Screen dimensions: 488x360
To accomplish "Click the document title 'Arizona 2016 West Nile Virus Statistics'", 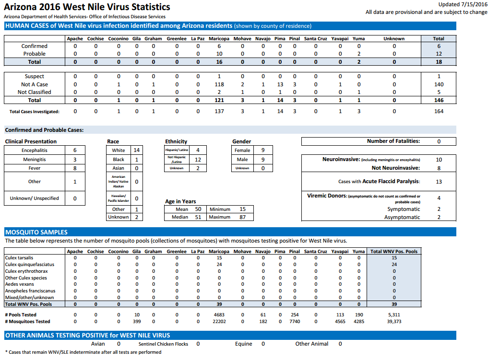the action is pos(87,7).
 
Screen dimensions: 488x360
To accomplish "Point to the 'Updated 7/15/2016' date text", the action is pos(463,4).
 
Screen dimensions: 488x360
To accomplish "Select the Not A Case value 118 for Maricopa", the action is pos(219,84).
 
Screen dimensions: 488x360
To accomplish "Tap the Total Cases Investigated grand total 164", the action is pos(439,111).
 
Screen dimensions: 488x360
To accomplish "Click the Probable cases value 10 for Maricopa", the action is pos(219,54).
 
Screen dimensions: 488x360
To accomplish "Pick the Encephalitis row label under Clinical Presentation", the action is pos(34,151).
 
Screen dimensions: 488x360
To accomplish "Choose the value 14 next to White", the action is pos(136,150).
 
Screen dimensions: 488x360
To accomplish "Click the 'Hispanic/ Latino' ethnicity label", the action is pos(177,150).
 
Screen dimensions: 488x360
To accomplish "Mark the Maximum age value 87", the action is pos(242,217).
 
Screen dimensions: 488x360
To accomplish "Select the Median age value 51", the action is pos(198,217).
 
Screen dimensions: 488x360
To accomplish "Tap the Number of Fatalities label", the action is pos(393,141).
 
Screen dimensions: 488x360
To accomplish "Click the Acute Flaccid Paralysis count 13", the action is pos(439,182).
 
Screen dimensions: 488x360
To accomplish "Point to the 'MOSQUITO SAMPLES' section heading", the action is pos(36,232).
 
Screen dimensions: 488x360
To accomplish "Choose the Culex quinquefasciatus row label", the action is pos(30,265).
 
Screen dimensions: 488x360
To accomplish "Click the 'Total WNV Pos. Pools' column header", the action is pos(393,251).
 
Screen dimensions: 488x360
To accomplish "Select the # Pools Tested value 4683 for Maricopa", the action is pos(219,315).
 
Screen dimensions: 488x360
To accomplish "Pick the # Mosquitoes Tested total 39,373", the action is pos(394,322).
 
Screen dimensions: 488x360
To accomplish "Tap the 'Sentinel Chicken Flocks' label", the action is pos(163,344).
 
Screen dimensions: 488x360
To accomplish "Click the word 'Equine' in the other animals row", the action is pos(243,344).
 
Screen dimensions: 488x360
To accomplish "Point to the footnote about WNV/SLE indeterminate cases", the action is pos(83,352).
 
